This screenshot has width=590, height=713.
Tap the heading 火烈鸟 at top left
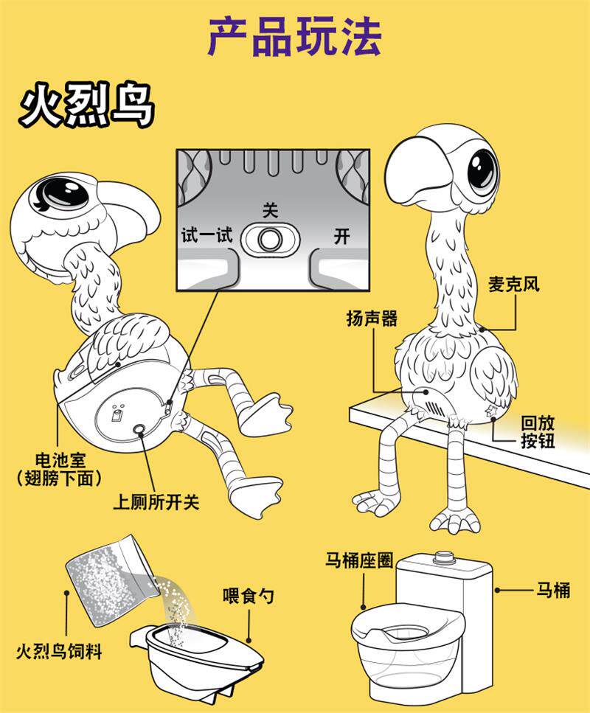click(87, 108)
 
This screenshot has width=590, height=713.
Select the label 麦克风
click(513, 285)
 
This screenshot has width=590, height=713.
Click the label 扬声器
click(372, 319)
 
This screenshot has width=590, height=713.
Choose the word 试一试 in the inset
click(206, 236)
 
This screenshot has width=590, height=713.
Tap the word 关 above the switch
click(271, 210)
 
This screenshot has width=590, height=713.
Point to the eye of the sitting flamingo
click(482, 167)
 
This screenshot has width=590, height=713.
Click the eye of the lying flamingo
click(63, 193)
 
